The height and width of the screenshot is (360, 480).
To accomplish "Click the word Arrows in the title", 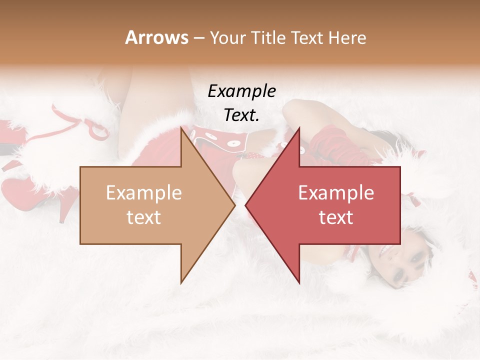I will pos(156,37).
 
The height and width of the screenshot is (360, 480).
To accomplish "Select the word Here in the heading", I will pos(347,37).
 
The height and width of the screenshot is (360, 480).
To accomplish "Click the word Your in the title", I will pos(227,37).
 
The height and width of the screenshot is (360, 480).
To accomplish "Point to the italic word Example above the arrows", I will pos(241,91).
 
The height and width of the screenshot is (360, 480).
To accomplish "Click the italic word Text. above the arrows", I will pos(241,115).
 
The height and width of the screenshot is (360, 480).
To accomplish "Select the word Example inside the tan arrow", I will pos(144,193).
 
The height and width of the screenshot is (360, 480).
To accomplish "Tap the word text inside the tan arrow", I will pos(144,218).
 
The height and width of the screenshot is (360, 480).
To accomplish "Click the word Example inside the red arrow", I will pos(336,193).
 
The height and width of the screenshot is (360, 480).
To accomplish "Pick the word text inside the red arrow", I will pos(336,218).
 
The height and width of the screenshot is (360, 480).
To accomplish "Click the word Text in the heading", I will pos(308,37).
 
